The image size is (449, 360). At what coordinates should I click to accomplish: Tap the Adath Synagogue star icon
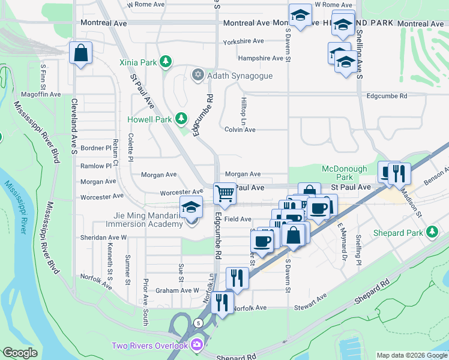[x=197, y=76]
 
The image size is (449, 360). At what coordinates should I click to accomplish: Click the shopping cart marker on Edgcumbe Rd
[x=224, y=193]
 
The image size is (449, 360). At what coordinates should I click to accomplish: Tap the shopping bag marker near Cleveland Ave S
[x=80, y=53]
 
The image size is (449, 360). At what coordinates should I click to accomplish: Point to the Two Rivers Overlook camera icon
[x=197, y=345]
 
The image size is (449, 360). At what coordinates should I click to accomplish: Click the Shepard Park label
[x=397, y=232]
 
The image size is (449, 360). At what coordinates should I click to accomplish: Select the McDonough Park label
[x=345, y=173]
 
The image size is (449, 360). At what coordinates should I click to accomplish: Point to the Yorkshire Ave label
[x=243, y=41]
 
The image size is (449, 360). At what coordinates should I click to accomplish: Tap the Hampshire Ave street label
[x=260, y=58]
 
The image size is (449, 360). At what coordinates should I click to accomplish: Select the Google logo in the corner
[x=20, y=353]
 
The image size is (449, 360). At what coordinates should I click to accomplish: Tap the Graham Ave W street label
[x=177, y=290]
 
